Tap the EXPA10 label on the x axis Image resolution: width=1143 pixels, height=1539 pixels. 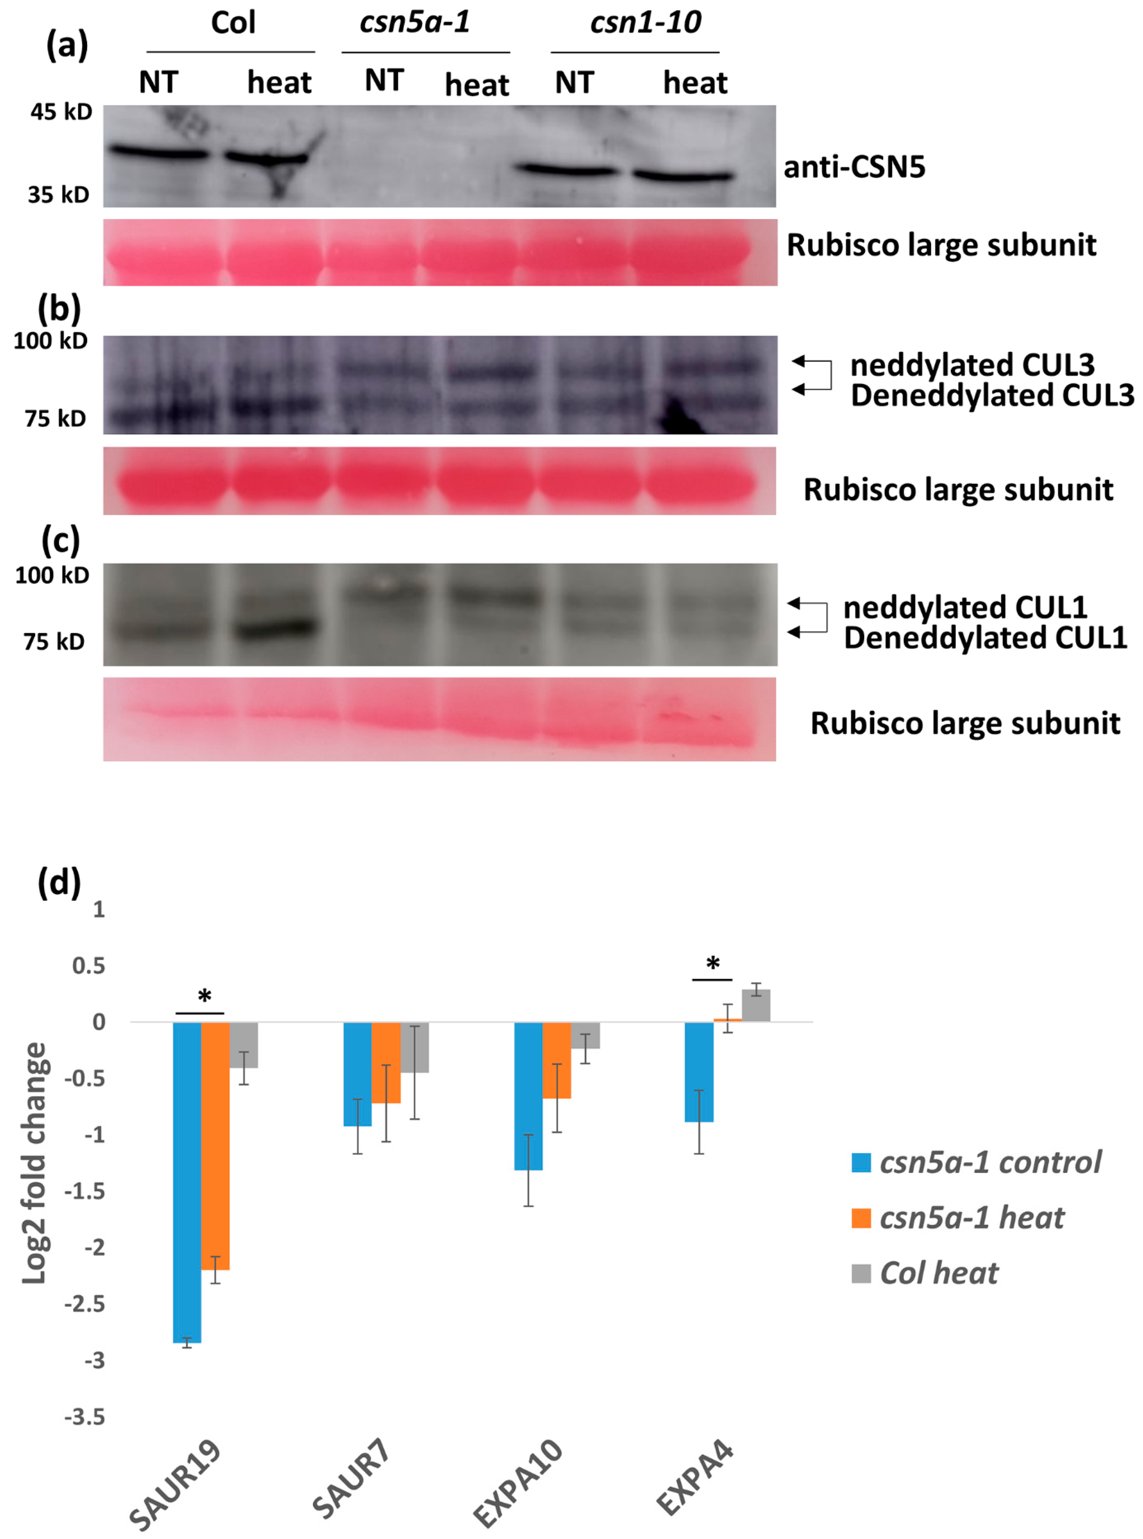(x=519, y=1481)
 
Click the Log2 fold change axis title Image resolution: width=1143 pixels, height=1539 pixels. (x=34, y=1163)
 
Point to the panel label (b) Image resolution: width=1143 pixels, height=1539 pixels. (x=60, y=309)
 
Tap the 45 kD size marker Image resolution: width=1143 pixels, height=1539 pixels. (x=61, y=111)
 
